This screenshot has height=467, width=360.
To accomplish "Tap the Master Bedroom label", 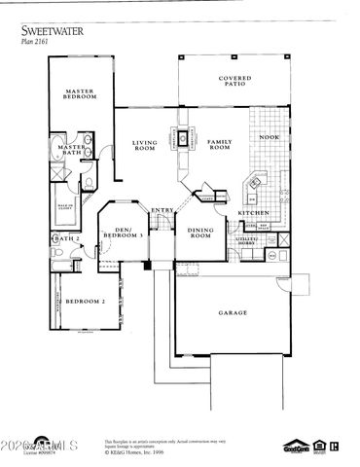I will [79, 94].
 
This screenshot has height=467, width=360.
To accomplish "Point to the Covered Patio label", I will [235, 83].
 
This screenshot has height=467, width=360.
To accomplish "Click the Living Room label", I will [144, 146].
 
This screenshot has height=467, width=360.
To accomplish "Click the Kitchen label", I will [254, 212].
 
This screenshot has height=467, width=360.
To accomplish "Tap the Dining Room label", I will [199, 233].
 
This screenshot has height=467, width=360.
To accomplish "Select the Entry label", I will [162, 209].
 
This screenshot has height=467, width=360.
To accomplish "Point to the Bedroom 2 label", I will [84, 302].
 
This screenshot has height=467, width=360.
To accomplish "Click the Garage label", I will [232, 312].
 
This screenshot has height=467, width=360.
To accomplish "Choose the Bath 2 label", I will [63, 237].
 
